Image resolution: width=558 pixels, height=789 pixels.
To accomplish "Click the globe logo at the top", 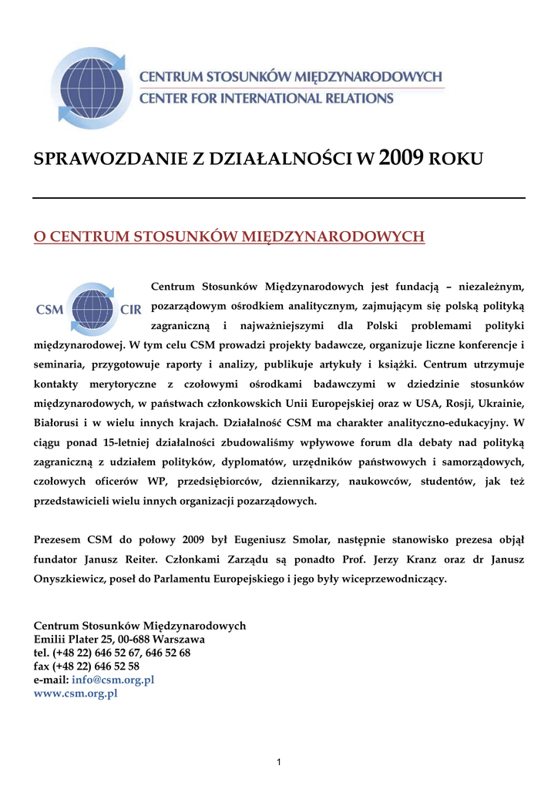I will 91,87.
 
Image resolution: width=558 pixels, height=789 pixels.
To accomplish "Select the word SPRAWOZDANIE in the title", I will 111,159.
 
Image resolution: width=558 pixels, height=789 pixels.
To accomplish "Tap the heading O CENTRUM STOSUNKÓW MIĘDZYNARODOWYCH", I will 229,236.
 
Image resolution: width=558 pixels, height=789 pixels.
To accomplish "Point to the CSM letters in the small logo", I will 49,310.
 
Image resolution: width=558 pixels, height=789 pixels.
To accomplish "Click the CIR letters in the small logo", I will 131,310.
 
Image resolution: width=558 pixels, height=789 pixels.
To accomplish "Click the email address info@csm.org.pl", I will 113,680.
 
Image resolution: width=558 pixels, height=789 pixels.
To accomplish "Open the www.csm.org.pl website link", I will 76,693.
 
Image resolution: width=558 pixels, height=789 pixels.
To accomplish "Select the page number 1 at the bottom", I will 279,762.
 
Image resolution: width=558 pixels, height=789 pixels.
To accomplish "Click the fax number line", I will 86,666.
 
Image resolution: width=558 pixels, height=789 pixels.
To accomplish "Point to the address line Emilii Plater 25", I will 119,639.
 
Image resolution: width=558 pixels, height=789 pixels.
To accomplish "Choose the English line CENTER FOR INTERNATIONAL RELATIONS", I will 266,99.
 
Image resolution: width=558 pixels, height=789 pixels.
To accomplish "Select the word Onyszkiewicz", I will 69,578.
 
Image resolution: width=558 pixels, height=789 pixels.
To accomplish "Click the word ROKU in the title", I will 455,159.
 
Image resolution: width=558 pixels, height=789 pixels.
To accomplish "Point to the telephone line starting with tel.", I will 113,652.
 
